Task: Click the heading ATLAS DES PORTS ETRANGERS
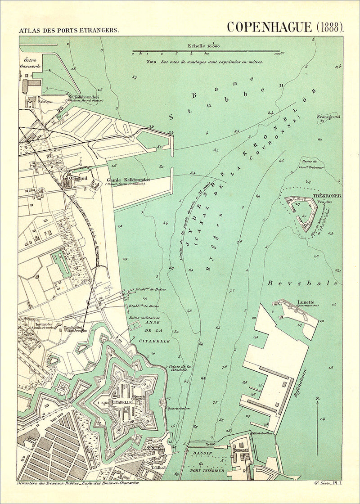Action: (x=68, y=31)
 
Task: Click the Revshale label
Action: (x=302, y=283)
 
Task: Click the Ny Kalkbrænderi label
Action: (x=83, y=96)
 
